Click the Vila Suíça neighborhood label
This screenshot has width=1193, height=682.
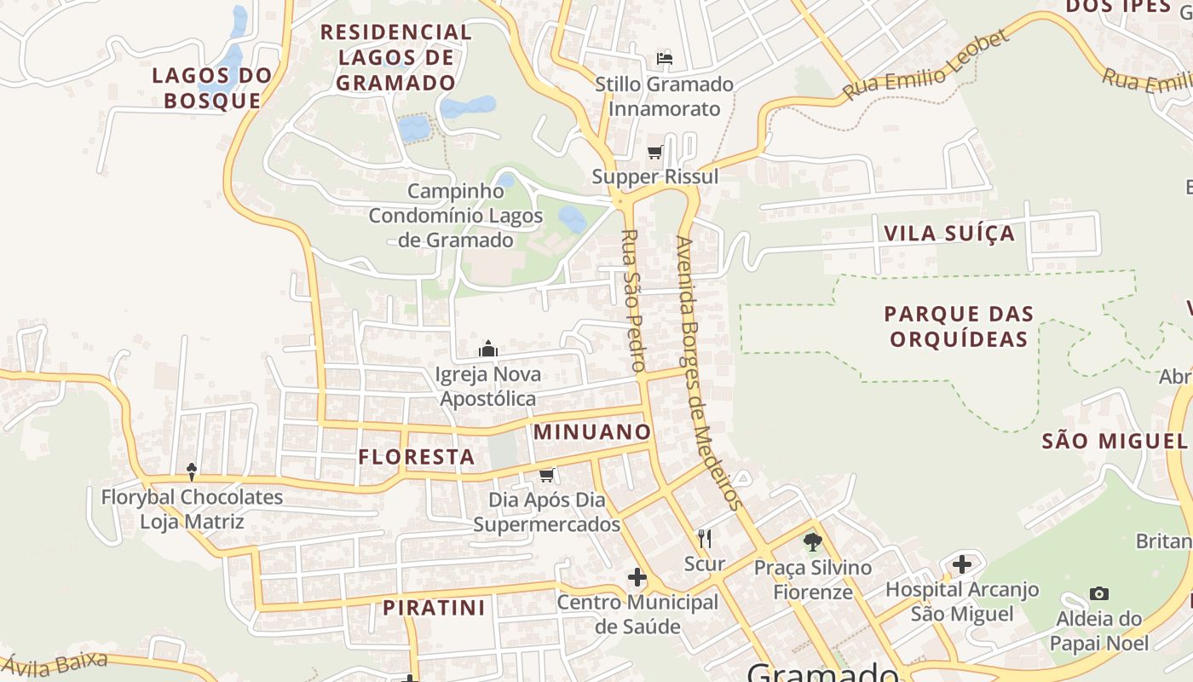949,234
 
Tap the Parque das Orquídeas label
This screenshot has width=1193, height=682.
959,327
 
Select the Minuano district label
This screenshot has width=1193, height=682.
592,432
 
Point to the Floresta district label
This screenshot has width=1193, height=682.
417,457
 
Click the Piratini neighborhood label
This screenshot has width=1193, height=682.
434,608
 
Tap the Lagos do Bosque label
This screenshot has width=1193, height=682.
212,88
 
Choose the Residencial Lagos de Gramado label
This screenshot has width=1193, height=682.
395,58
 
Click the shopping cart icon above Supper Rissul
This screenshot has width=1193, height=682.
654,153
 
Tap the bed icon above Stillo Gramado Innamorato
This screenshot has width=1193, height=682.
665,59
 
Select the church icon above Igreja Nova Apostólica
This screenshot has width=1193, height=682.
488,349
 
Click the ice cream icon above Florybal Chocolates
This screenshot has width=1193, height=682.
192,471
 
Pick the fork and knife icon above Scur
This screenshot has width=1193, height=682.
705,538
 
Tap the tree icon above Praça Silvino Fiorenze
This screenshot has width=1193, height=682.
812,541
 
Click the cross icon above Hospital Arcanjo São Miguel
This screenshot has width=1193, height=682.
962,564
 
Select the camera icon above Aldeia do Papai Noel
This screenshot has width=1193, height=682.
1099,593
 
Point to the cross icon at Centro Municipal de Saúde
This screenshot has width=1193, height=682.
637,577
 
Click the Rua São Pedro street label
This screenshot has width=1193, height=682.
632,300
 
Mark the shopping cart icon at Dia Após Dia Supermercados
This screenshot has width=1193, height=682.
547,474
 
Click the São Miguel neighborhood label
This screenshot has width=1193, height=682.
1115,441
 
